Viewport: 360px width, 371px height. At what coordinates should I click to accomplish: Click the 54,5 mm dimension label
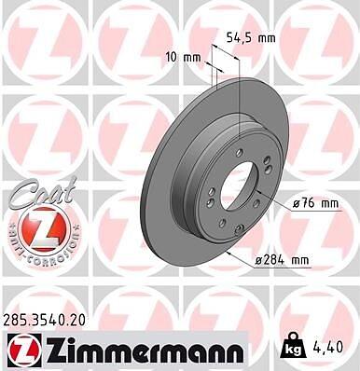pyautogui.click(x=251, y=38)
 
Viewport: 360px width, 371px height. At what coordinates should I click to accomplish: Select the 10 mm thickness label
pyautogui.click(x=183, y=57)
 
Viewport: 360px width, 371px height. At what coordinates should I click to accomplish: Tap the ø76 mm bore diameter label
pyautogui.click(x=315, y=203)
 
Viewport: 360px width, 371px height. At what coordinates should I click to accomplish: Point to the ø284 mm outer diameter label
pyautogui.click(x=282, y=259)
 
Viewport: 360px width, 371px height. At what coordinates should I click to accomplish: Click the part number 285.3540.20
pyautogui.click(x=44, y=321)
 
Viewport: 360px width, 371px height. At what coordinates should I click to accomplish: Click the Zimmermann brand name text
pyautogui.click(x=143, y=350)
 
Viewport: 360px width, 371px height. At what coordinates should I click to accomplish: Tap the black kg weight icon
pyautogui.click(x=293, y=346)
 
